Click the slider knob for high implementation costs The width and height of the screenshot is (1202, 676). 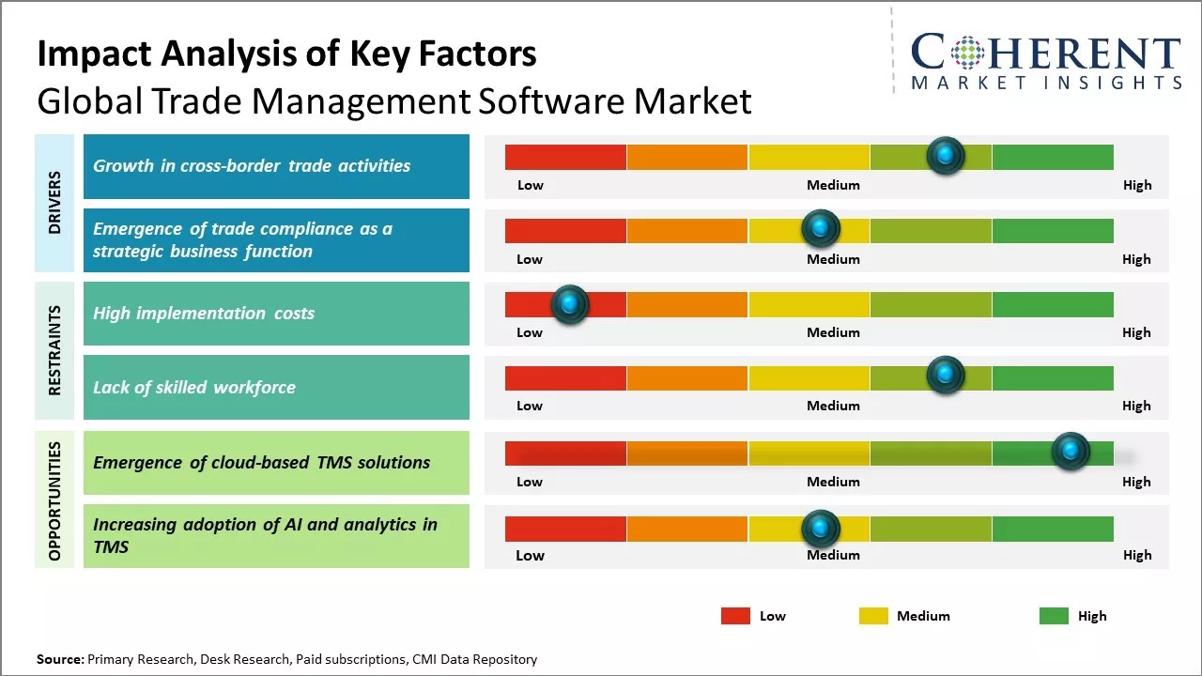pyautogui.click(x=569, y=304)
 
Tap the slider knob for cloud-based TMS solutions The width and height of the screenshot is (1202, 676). pyautogui.click(x=1070, y=452)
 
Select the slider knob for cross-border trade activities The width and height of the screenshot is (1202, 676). pyautogui.click(x=946, y=155)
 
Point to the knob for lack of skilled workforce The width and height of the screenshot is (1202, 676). pyautogui.click(x=946, y=376)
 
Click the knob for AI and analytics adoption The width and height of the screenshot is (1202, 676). pyautogui.click(x=820, y=528)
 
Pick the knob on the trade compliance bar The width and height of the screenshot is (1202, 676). pyautogui.click(x=820, y=228)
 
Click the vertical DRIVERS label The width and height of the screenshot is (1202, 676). pyautogui.click(x=54, y=203)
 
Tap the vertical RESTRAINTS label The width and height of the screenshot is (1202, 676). pyautogui.click(x=54, y=350)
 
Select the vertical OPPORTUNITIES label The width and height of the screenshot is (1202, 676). pyautogui.click(x=54, y=500)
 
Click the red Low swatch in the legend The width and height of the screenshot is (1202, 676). pyautogui.click(x=735, y=616)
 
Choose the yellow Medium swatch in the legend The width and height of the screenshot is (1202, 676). pyautogui.click(x=873, y=616)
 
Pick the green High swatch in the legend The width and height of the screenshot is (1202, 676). pyautogui.click(x=1054, y=616)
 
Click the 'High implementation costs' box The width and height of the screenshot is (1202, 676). pyautogui.click(x=276, y=314)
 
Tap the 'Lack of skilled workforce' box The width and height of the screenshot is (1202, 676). pyautogui.click(x=276, y=387)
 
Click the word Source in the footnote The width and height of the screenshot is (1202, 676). pyautogui.click(x=60, y=659)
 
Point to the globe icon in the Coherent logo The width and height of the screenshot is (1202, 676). pyautogui.click(x=967, y=53)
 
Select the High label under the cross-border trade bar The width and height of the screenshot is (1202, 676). pyautogui.click(x=1136, y=185)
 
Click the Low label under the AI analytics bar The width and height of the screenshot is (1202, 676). pyautogui.click(x=530, y=555)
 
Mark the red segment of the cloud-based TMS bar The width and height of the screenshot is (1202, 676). pyautogui.click(x=565, y=453)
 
